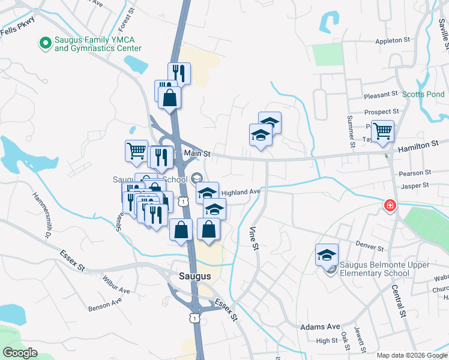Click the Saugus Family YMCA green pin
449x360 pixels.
pos(44,43)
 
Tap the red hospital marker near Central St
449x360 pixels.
pos(390,206)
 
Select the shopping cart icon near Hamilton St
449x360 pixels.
pos(382,130)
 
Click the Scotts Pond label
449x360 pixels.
pos(423,94)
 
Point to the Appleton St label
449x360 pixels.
pos(392,41)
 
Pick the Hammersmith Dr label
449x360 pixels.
pos(41,214)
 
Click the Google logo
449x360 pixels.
pos(20,353)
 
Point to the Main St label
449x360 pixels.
pos(197,154)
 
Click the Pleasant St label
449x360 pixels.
pos(381,94)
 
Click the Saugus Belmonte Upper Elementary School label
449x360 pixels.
pos(385,269)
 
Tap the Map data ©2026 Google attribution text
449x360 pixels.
pos(411,355)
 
